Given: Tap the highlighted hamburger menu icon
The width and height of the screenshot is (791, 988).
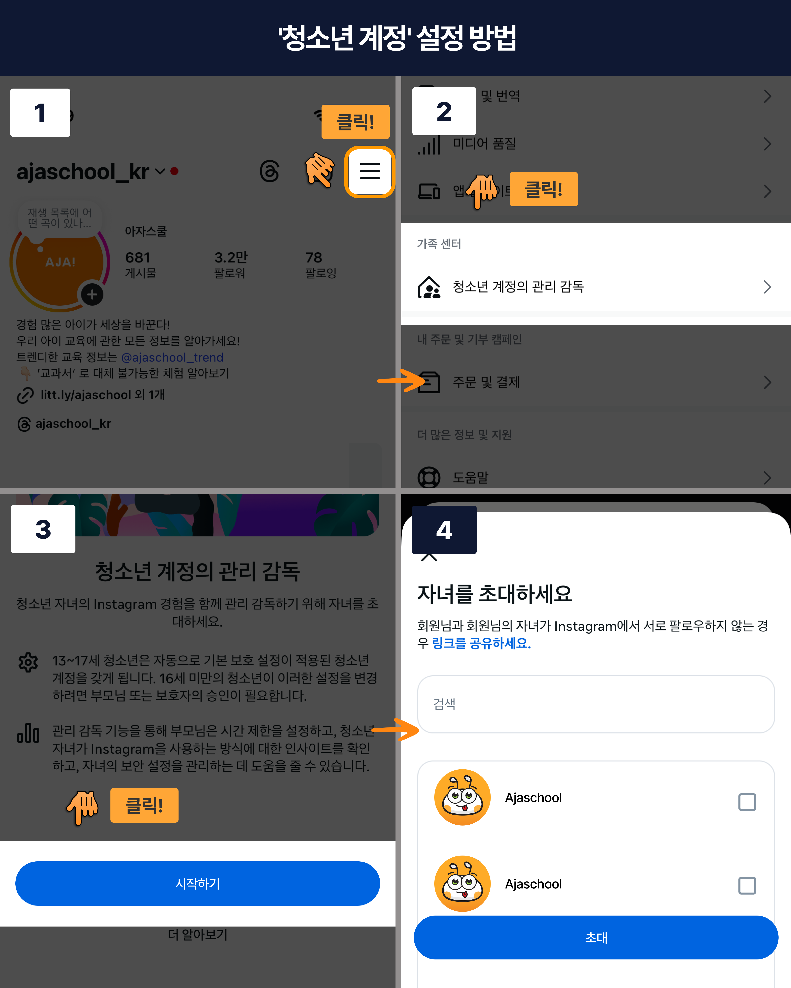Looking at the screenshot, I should (370, 171).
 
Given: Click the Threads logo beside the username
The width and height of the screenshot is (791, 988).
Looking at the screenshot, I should (269, 171).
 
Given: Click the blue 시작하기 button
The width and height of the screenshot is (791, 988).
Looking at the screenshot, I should (198, 883).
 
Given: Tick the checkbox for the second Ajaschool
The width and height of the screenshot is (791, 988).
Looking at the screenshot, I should (747, 885).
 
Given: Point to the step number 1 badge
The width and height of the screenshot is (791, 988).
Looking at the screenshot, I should (40, 113).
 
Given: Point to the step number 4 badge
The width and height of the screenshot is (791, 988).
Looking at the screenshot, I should (444, 530).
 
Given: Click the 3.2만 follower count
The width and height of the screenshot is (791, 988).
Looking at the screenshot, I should (231, 258).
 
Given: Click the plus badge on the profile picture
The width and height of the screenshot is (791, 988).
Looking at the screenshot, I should (92, 295).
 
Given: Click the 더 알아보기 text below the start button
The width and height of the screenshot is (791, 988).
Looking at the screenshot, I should (198, 934).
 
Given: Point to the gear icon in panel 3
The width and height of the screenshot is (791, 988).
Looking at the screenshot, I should (28, 662).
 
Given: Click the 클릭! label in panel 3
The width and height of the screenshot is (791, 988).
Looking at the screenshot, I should (144, 805).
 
